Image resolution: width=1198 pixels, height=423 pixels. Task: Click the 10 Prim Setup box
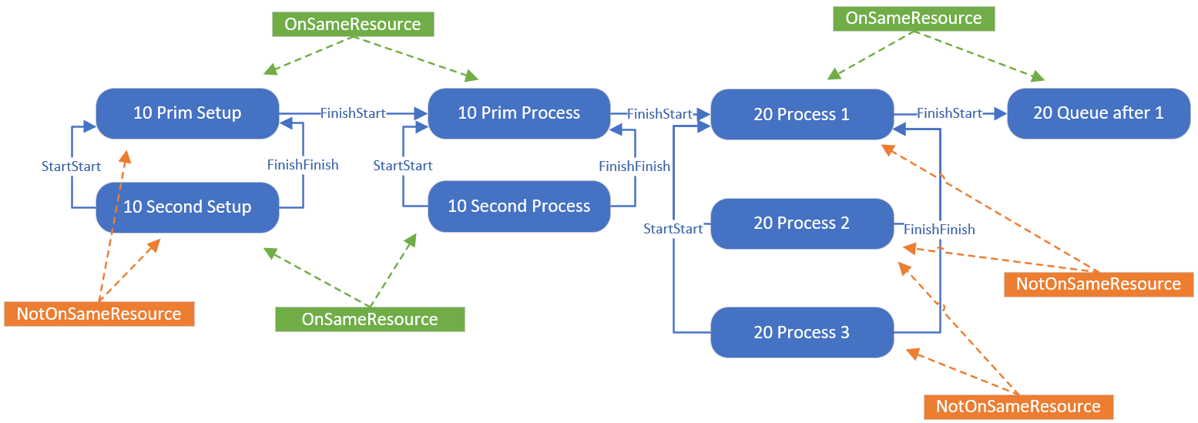point(187,113)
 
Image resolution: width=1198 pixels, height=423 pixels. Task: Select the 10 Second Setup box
point(187,207)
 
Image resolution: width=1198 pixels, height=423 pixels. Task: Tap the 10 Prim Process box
point(518,113)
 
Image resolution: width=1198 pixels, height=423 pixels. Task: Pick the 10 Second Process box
point(518,206)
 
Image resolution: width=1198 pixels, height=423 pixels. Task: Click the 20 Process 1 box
point(802,115)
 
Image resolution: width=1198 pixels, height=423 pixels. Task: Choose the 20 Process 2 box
point(802,223)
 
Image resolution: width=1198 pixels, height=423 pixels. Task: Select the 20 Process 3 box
point(802,333)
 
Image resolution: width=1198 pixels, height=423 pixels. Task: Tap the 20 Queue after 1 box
point(1099,113)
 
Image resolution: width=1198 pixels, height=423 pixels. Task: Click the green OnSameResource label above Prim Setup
point(353,25)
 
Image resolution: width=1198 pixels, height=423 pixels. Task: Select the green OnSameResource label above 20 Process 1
point(914,18)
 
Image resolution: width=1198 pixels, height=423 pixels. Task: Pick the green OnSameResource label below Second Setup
point(370,319)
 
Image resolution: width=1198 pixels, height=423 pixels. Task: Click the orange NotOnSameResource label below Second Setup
point(99,314)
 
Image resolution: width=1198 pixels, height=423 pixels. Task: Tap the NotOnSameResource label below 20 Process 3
point(1018,407)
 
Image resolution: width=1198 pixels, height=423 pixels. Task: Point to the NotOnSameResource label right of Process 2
point(1099,284)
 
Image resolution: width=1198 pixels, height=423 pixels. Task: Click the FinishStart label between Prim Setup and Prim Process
point(353,113)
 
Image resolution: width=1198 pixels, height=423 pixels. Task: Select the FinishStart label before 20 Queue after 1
point(949,113)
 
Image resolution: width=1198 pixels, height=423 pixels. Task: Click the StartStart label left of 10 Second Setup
point(71,166)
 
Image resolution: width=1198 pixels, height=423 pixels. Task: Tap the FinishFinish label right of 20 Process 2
point(939,230)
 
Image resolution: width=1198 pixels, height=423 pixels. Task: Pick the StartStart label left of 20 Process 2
point(673,229)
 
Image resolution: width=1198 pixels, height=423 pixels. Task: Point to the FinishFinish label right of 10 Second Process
point(634,166)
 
